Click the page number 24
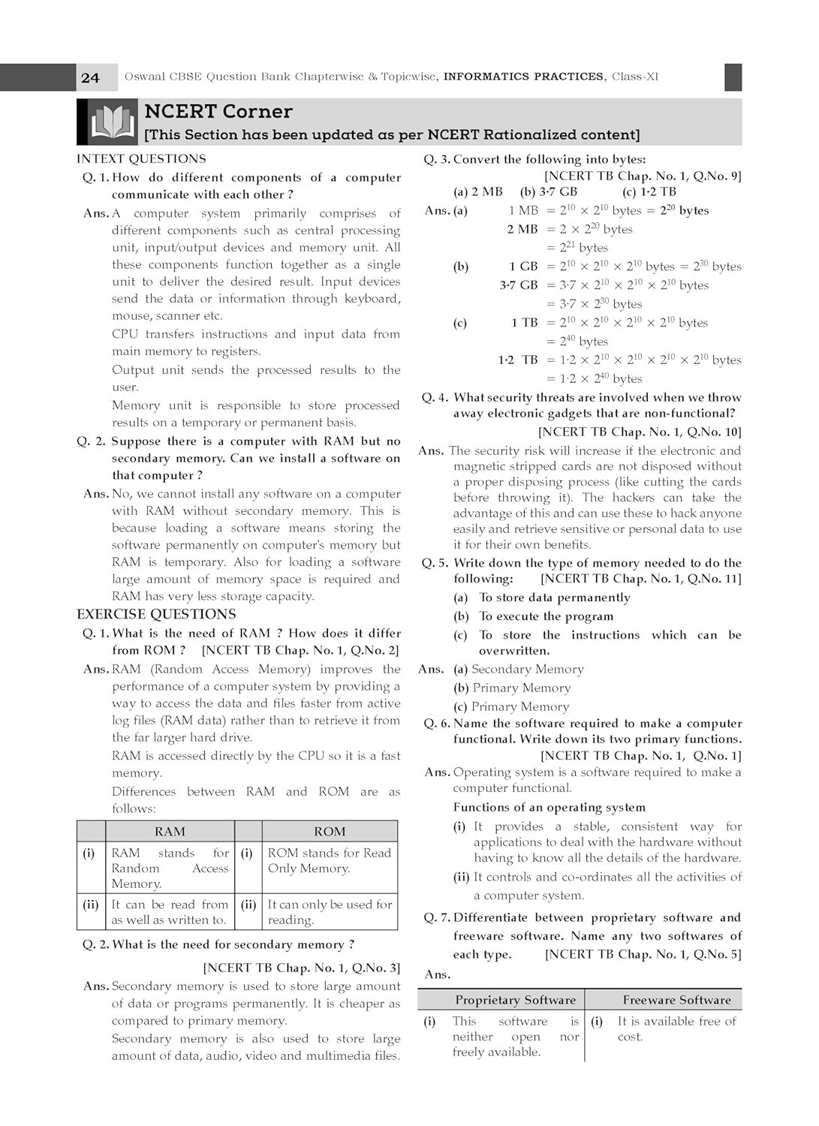click(x=90, y=78)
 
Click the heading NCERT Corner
click(x=218, y=112)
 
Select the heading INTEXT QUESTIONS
click(x=141, y=159)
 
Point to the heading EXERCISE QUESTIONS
click(x=156, y=615)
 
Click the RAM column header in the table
click(x=170, y=832)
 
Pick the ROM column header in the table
click(x=330, y=832)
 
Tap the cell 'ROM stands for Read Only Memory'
click(x=330, y=861)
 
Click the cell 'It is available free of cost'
click(x=676, y=1029)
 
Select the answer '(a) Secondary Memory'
click(x=519, y=670)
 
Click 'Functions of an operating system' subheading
click(x=549, y=808)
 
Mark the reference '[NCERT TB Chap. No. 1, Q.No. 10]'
click(x=640, y=432)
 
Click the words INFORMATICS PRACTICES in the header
click(x=523, y=77)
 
